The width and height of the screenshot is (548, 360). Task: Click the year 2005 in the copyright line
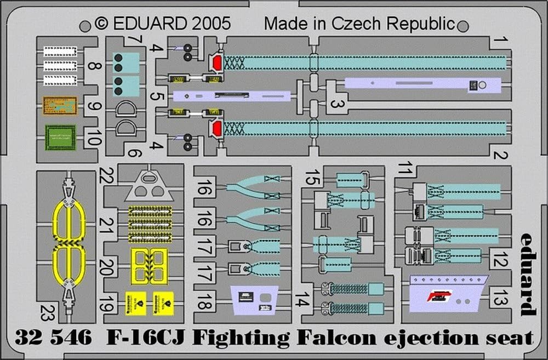point(211,23)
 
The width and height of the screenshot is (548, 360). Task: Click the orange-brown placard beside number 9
point(60,105)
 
